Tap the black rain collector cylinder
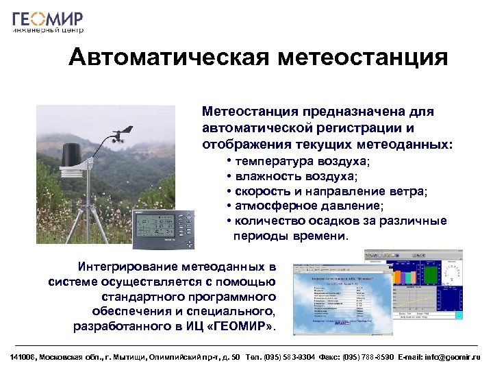click(73, 155)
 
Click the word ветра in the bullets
click(408, 191)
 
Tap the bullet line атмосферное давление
click(309, 206)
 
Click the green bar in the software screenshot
click(431, 277)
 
